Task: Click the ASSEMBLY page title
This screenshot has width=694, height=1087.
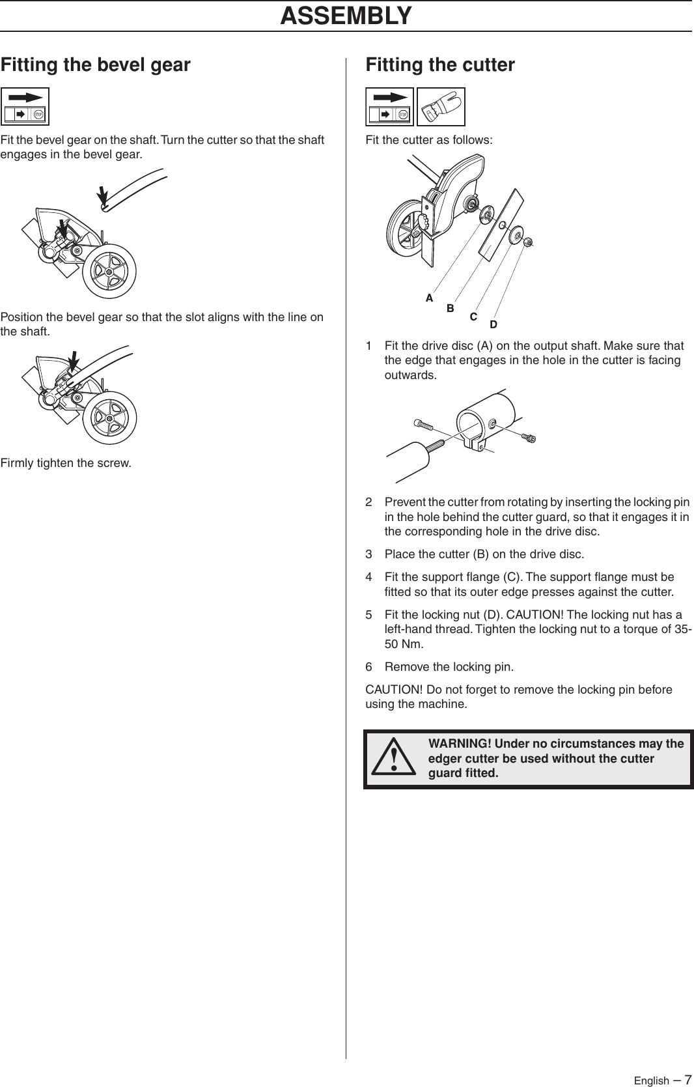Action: (x=346, y=15)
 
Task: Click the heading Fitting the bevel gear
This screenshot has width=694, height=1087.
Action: (x=96, y=64)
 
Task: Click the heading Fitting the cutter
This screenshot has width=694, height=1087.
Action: (x=440, y=64)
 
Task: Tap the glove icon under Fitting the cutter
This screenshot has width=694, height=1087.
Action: (x=441, y=107)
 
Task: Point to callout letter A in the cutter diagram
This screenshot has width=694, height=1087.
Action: (x=429, y=298)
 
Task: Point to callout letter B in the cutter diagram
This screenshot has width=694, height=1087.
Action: (x=450, y=309)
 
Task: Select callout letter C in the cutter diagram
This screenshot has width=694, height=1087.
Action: (x=473, y=317)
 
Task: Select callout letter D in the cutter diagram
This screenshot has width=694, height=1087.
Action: (x=493, y=324)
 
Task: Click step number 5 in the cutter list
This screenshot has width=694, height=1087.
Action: (x=369, y=615)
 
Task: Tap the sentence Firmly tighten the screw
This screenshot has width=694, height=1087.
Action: (x=66, y=464)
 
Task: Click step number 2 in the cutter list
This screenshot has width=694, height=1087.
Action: (x=369, y=502)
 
